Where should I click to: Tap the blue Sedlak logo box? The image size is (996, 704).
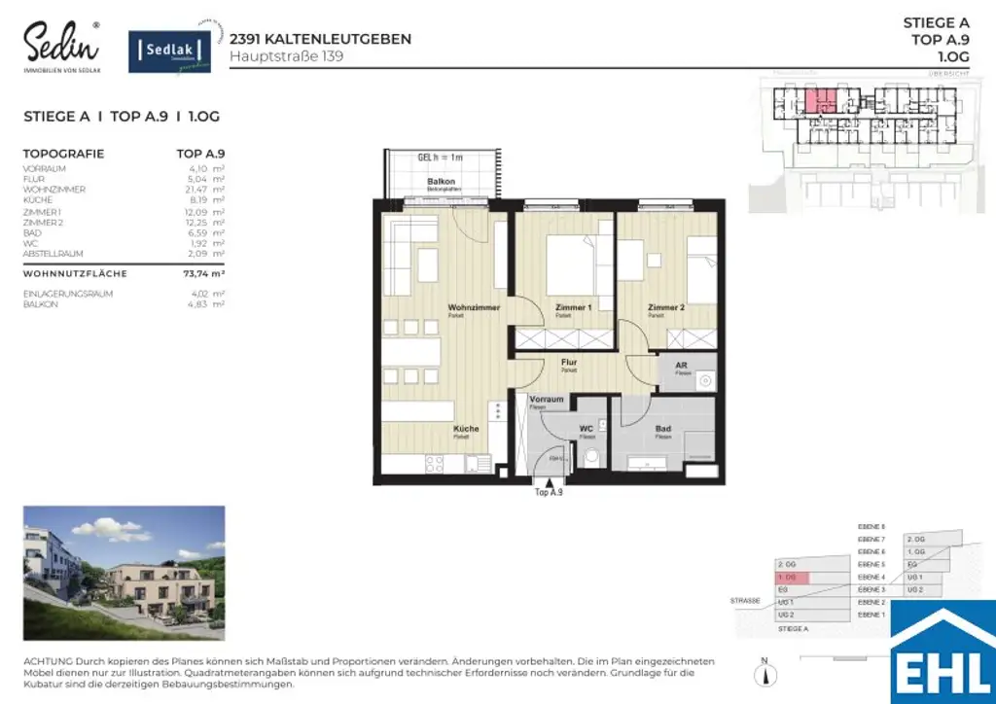click(171, 51)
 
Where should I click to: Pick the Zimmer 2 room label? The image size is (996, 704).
click(667, 308)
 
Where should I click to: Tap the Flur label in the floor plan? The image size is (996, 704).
click(569, 363)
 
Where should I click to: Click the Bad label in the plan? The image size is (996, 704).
click(663, 428)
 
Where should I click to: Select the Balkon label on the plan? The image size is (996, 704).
click(442, 183)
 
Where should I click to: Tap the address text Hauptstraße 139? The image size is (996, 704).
click(286, 56)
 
